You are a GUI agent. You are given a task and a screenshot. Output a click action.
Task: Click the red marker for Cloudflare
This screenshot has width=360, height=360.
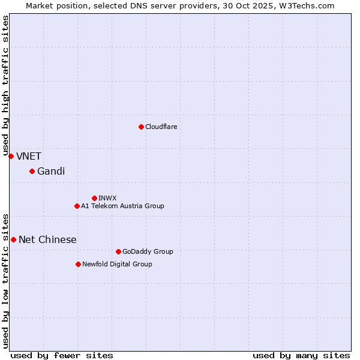pos(141,127)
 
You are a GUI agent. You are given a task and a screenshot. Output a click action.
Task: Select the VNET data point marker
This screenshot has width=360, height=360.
pos(11,156)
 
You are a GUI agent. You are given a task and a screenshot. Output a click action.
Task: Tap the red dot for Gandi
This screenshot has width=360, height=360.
pos(32,172)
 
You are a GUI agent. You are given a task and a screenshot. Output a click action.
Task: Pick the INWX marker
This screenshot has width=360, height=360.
pos(94,198)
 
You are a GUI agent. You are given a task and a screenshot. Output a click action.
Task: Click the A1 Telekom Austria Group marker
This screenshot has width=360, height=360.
pos(77,206)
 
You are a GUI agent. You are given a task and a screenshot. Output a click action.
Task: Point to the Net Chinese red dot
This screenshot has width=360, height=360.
pos(13,239)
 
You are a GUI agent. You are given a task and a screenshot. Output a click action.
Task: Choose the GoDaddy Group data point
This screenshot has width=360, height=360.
pos(118,251)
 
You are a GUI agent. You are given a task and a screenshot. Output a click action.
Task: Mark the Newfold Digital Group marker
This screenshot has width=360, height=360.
pos(78,264)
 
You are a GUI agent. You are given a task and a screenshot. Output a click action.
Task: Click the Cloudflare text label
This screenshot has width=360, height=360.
pos(161,127)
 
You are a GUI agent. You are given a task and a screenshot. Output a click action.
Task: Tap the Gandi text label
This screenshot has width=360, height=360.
pos(51,172)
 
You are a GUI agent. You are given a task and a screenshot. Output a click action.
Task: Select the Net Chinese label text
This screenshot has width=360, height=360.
pos(47,239)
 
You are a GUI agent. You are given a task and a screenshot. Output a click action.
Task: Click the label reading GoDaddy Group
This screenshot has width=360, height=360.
pos(148,251)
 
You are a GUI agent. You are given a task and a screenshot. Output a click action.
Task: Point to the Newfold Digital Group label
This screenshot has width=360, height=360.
pos(117,264)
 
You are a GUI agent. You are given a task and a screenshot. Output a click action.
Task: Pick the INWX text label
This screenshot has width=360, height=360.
pos(107,198)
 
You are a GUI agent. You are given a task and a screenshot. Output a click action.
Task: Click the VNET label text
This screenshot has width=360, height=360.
pos(29,156)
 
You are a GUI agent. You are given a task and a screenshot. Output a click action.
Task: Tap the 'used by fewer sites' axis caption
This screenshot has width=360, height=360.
pos(62,355)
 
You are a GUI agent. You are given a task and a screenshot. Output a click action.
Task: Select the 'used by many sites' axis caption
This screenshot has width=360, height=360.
pos(301,355)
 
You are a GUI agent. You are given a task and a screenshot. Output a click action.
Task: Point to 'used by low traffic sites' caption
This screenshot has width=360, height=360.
pos(5,280)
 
